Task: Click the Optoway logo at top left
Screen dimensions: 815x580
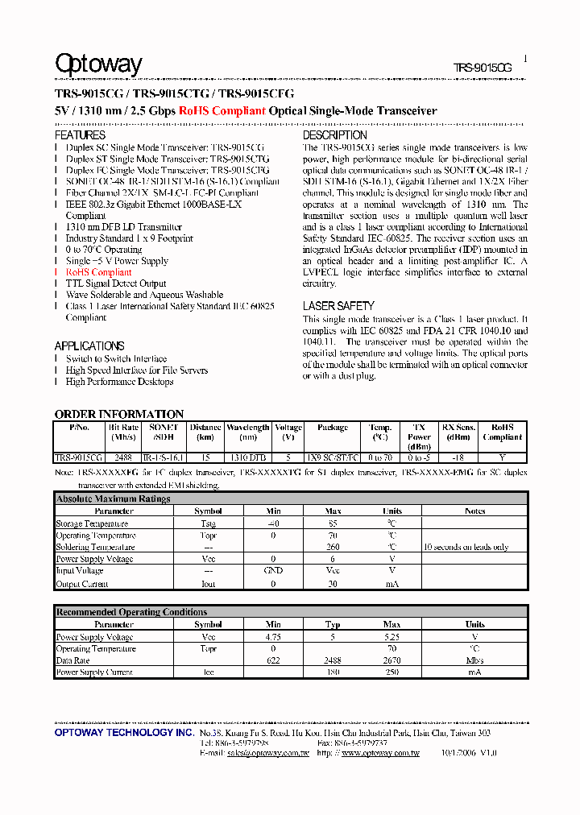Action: click(x=98, y=64)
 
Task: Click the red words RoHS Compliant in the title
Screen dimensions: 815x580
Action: click(x=222, y=111)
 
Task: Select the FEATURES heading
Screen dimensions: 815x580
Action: click(x=80, y=135)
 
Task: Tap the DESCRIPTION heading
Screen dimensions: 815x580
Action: click(x=334, y=135)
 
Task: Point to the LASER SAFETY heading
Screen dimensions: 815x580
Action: click(x=338, y=306)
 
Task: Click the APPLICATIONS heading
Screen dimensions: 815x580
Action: click(x=89, y=345)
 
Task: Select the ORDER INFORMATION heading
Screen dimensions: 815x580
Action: click(x=119, y=414)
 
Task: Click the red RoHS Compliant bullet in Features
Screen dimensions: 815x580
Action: click(x=98, y=272)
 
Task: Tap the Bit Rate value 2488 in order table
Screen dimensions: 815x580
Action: click(x=123, y=457)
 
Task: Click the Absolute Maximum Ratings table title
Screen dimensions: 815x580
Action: click(x=113, y=499)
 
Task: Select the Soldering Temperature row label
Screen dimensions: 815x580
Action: click(x=95, y=548)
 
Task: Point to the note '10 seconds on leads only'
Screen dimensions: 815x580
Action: click(x=466, y=548)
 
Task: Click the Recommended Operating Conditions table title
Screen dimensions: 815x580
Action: click(x=131, y=612)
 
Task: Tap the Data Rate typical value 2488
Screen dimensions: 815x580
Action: click(x=333, y=660)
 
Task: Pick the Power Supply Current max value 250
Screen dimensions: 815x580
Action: click(x=391, y=672)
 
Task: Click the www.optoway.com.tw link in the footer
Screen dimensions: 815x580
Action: click(x=380, y=753)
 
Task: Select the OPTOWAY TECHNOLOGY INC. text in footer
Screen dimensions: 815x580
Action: click(x=123, y=734)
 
